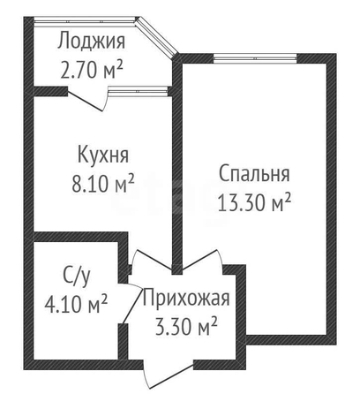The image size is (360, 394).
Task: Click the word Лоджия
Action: tap(91, 42)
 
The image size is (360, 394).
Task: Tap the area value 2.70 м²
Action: tap(91, 70)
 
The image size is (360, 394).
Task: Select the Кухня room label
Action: tap(103, 155)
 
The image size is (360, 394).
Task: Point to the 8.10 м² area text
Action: tap(103, 183)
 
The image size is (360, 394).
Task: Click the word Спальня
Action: tap(254, 174)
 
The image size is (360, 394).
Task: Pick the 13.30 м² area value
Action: tap(254, 202)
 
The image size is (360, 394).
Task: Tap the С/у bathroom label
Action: tap(77, 277)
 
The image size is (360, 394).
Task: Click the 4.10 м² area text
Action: tap(76, 303)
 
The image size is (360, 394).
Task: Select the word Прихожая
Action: tap(186, 298)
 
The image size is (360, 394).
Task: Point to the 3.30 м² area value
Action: tap(186, 326)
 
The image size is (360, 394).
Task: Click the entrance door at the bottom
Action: tap(170, 375)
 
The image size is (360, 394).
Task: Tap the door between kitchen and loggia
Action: tap(86, 100)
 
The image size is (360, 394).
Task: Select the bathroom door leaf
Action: tap(131, 303)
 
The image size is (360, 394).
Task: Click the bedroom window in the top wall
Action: tap(255, 59)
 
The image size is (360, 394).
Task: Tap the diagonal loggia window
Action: tap(158, 37)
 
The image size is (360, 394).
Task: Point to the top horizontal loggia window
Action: tap(86, 21)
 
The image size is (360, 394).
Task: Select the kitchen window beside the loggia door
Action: tap(139, 91)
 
